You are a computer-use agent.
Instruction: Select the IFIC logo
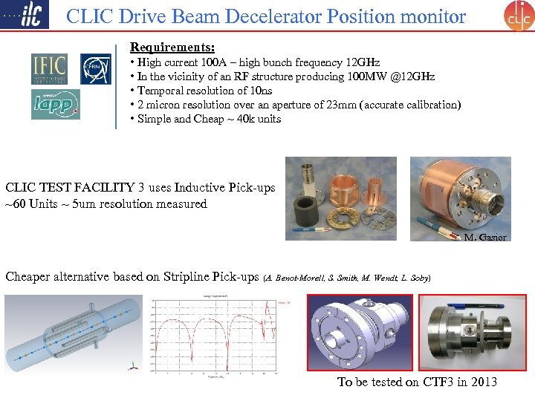(x=49, y=68)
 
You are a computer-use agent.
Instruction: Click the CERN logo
(x=95, y=68)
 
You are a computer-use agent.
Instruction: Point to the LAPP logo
(x=55, y=104)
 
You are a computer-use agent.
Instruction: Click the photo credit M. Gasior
(x=485, y=238)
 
